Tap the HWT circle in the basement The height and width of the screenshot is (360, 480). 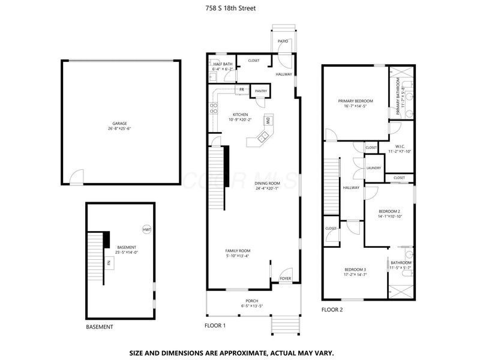click(147, 230)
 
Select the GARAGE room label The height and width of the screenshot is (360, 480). click(119, 124)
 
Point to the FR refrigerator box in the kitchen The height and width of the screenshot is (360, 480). click(241, 90)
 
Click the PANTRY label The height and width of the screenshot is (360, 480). click(260, 91)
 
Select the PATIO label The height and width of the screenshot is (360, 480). click(283, 41)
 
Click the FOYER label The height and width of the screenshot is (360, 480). click(285, 278)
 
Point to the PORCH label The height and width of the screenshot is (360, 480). click(252, 301)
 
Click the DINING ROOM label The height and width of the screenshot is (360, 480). click(267, 183)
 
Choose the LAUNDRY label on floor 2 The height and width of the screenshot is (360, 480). click(373, 168)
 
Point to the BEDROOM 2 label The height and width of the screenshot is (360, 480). click(389, 211)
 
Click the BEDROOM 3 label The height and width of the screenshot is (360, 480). click(355, 269)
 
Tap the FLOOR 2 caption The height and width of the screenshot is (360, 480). click(332, 310)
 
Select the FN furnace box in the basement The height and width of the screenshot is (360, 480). click(109, 262)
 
